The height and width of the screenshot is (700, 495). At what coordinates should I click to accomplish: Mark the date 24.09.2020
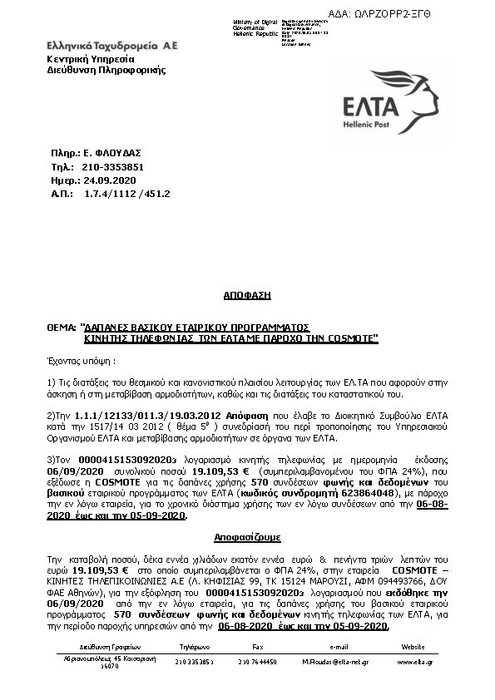pyautogui.click(x=104, y=180)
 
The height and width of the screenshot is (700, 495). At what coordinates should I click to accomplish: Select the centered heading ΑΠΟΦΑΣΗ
pyautogui.click(x=247, y=295)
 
